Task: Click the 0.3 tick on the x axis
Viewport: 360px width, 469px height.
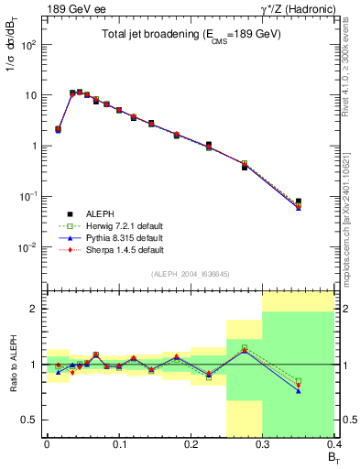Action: (x=263, y=443)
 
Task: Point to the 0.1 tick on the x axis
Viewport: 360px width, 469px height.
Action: (x=118, y=443)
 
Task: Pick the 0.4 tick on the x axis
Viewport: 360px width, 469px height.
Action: (x=333, y=443)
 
